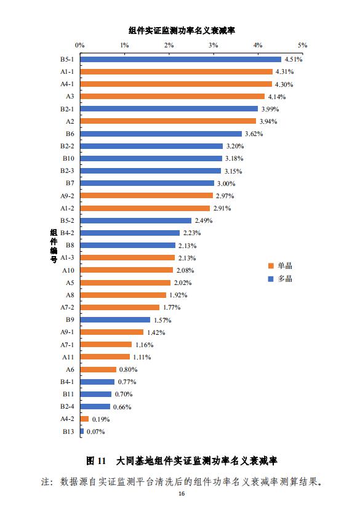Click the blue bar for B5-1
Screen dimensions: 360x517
(181, 59)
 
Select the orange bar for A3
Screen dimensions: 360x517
(172, 96)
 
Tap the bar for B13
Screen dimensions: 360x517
(82, 431)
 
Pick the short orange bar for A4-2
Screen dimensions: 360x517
(85, 419)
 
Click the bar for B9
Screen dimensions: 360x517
(116, 320)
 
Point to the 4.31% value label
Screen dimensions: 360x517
(284, 71)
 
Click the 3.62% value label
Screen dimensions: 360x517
(254, 134)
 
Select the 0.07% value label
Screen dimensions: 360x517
(95, 431)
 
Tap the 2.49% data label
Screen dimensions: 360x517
(204, 220)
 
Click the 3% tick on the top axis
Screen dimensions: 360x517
(214, 45)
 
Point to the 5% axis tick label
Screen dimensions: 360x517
(302, 45)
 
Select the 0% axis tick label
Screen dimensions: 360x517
(80, 45)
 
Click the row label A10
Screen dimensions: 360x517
(68, 270)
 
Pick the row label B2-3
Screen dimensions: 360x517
(67, 171)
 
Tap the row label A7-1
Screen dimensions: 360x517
(67, 345)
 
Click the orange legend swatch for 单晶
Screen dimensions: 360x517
(271, 266)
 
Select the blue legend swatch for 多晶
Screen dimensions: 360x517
(271, 279)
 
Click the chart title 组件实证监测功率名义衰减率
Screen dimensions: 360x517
(182, 31)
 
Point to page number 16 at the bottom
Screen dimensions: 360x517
(182, 494)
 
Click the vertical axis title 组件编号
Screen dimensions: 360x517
(54, 246)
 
